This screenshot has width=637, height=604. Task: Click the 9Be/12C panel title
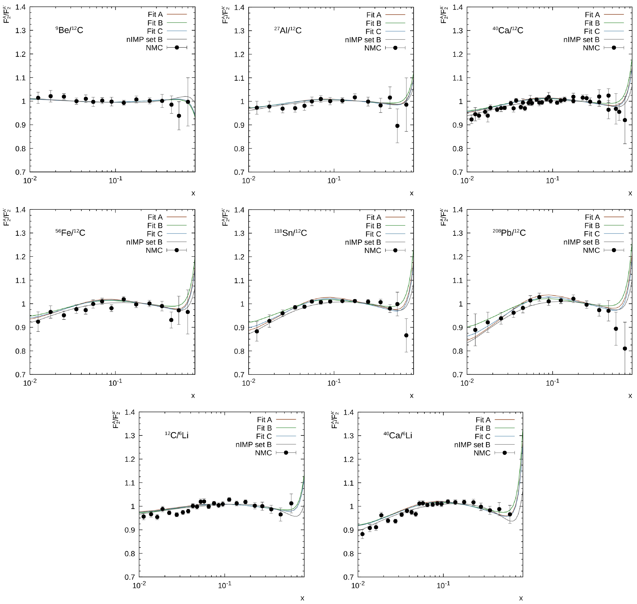[x=69, y=30]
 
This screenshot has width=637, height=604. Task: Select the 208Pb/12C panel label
[x=509, y=233]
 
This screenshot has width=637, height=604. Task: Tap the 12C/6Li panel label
[x=177, y=435]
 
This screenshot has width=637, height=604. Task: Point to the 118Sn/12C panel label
[x=291, y=233]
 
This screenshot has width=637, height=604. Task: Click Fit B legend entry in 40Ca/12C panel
[x=592, y=23]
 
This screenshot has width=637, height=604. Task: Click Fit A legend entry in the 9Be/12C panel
[x=155, y=15]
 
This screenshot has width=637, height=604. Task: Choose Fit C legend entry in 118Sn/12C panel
[x=373, y=234]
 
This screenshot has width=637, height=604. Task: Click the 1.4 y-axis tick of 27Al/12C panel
[x=239, y=7]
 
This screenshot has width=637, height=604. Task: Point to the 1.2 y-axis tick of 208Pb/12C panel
[x=457, y=257]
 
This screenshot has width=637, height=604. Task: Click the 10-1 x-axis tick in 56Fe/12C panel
[x=115, y=383]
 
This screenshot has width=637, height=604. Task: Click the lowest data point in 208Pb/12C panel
[x=625, y=348]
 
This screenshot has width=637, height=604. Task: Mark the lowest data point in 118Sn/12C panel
[x=406, y=335]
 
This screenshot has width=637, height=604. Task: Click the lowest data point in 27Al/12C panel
[x=397, y=126]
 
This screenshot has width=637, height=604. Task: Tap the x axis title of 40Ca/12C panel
[x=630, y=193]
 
